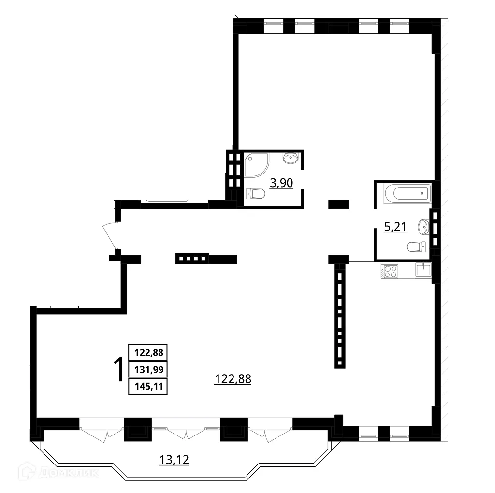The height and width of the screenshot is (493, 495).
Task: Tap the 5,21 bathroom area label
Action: click(395, 227)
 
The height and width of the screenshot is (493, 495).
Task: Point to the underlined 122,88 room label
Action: click(233, 379)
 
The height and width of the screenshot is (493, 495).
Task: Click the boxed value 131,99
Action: click(148, 370)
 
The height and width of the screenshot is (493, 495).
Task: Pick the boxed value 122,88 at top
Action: click(148, 353)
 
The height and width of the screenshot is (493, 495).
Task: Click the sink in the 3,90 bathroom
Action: click(291, 157)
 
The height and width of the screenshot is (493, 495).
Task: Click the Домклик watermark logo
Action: click(58, 472)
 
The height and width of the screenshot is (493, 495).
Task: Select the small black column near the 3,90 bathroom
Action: click(339, 204)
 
